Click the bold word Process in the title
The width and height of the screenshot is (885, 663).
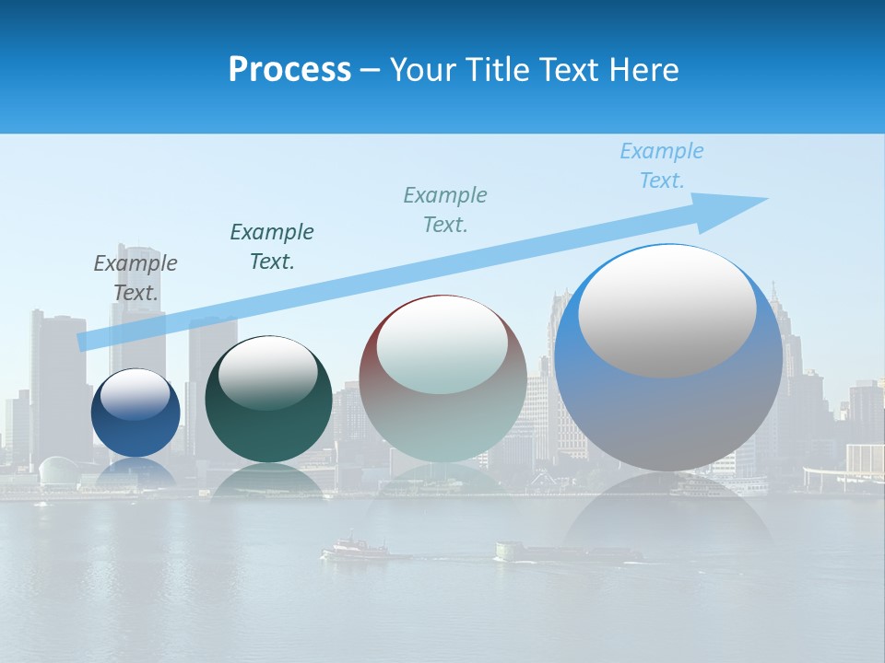coord(289,70)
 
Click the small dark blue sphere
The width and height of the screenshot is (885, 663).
coord(136,413)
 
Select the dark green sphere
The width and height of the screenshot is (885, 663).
coord(268,399)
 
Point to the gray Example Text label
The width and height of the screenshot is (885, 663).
coord(136,278)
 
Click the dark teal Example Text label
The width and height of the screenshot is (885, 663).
coord(272,247)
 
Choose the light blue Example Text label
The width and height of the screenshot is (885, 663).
coord(662,166)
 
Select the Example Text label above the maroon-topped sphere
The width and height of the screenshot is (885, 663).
coord(445,210)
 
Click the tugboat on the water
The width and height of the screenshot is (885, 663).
coord(355,549)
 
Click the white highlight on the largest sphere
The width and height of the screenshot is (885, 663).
coord(667,310)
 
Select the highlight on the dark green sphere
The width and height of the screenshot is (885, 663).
coord(268,373)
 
